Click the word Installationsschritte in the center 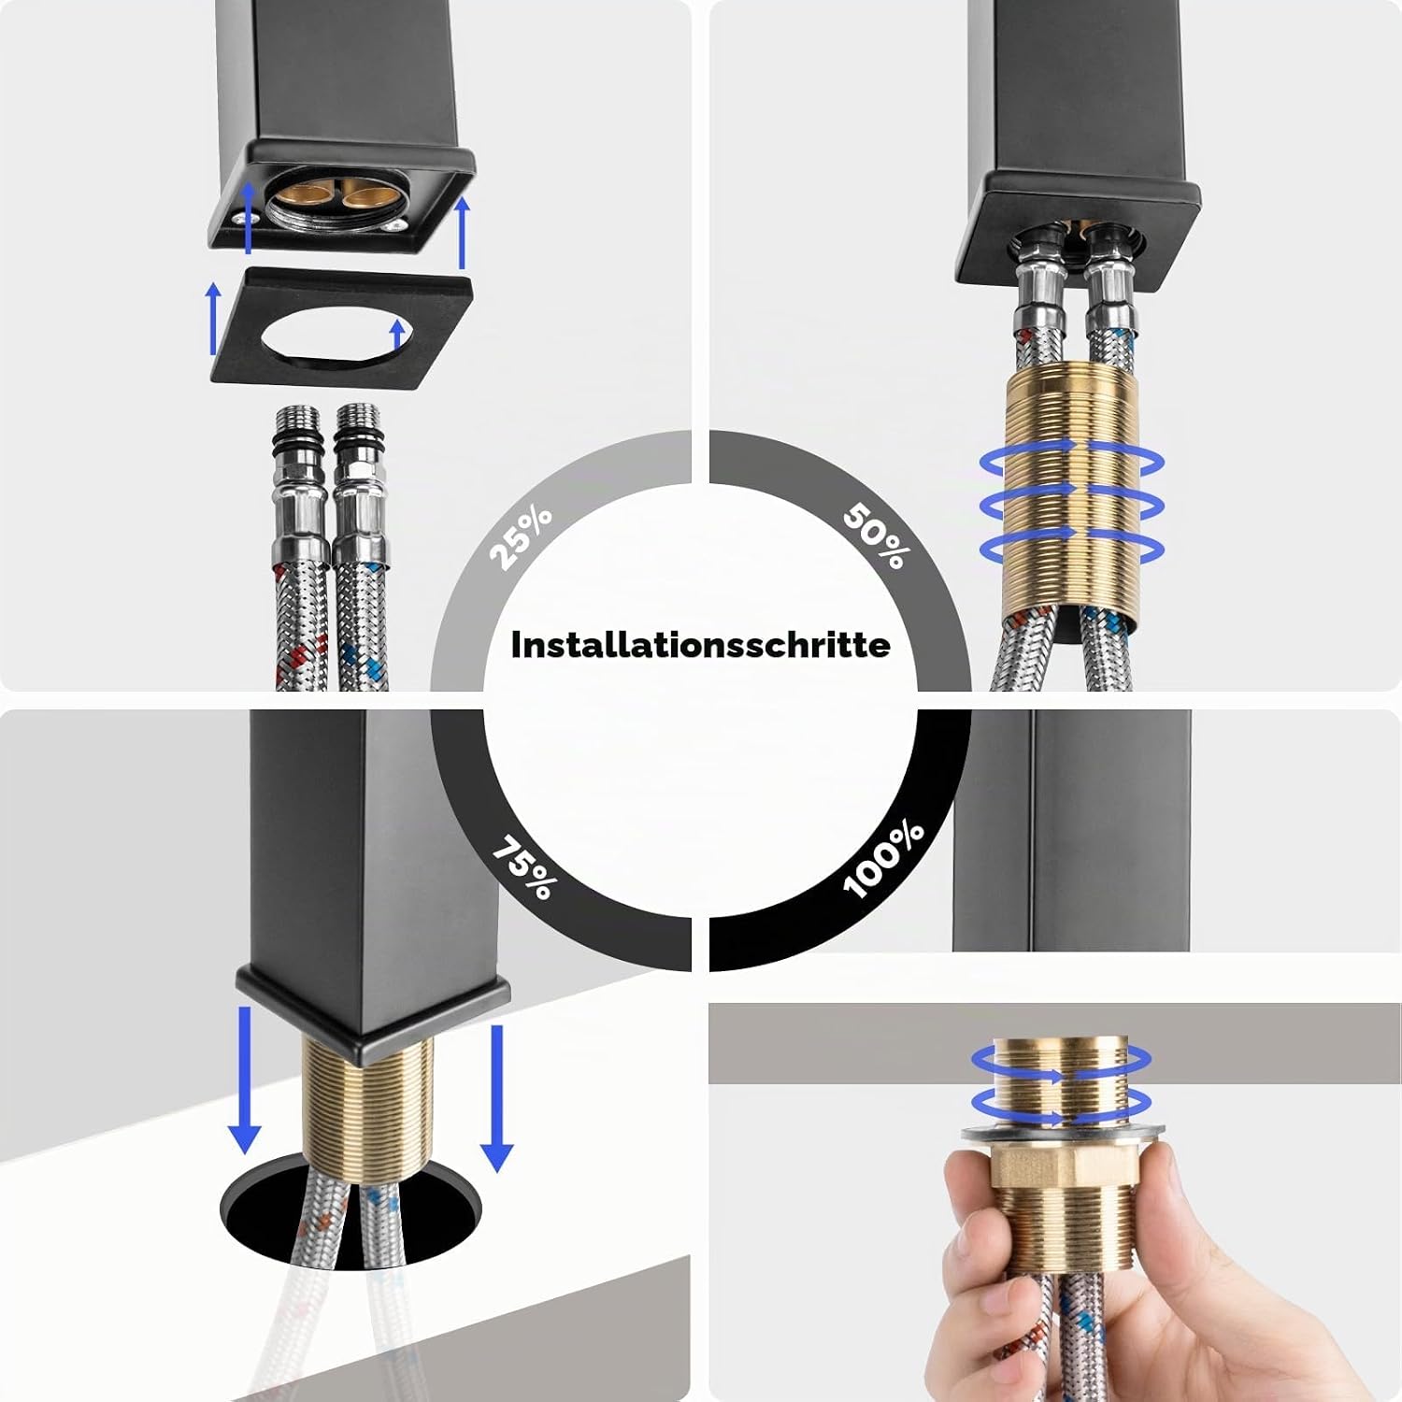click(x=700, y=645)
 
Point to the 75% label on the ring click(x=523, y=868)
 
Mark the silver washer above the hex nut click(x=1064, y=1132)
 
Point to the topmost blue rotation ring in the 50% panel click(x=1072, y=461)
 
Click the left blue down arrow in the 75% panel click(x=245, y=1080)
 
